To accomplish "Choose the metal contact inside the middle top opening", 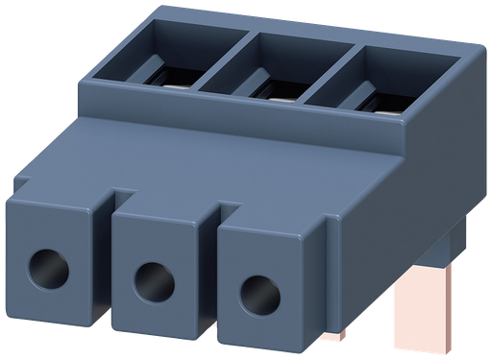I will tap(279, 96).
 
